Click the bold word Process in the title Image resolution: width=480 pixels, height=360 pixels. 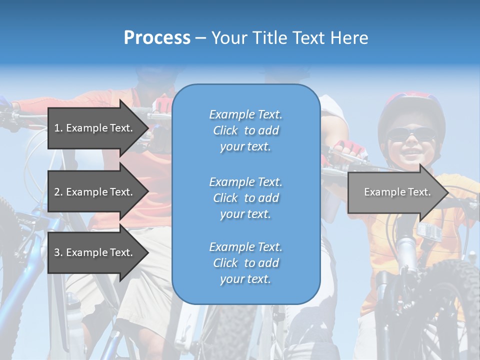click(157, 38)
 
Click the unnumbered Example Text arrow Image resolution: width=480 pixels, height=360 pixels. click(397, 192)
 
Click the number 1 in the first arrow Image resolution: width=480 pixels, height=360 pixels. click(56, 128)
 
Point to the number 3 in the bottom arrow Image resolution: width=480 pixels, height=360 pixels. click(57, 252)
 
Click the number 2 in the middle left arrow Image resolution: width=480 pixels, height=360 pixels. click(57, 192)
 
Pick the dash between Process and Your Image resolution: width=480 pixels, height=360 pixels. click(200, 38)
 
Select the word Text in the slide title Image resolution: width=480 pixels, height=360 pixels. click(307, 38)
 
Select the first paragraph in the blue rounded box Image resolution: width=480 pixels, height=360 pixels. click(245, 130)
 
